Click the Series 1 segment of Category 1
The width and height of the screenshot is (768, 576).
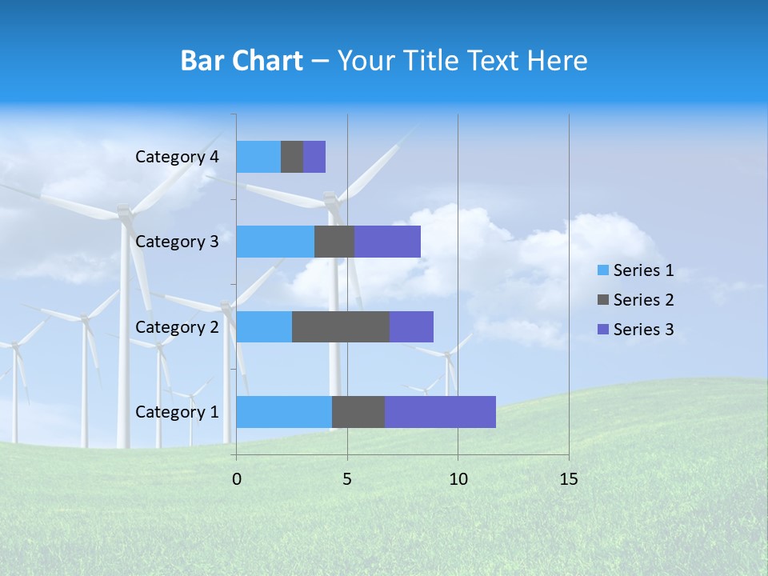click(x=284, y=412)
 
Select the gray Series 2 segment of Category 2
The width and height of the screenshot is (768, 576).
click(x=341, y=326)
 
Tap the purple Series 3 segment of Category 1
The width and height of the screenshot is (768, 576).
click(x=440, y=412)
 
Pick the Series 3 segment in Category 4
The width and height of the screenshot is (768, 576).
click(x=314, y=157)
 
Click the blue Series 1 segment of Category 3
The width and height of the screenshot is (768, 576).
click(x=275, y=242)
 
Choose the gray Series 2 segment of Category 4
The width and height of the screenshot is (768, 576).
click(x=292, y=157)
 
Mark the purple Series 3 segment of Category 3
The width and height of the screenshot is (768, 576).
click(x=387, y=242)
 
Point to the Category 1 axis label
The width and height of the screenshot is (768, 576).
click(x=177, y=412)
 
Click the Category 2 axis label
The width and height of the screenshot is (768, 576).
click(x=177, y=327)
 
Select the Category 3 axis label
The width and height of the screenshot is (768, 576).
click(x=177, y=242)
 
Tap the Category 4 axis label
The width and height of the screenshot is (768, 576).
click(x=177, y=157)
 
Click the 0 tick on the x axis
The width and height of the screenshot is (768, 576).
click(x=236, y=479)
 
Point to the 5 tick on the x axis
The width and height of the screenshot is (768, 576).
click(x=347, y=479)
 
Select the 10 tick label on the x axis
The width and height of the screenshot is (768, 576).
click(x=458, y=479)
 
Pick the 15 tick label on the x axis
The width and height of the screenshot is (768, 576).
click(x=569, y=479)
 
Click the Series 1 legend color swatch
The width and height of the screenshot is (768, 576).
click(x=603, y=270)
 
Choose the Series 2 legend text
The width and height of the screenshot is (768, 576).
click(x=643, y=300)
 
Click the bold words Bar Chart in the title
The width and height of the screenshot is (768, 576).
click(x=242, y=61)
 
